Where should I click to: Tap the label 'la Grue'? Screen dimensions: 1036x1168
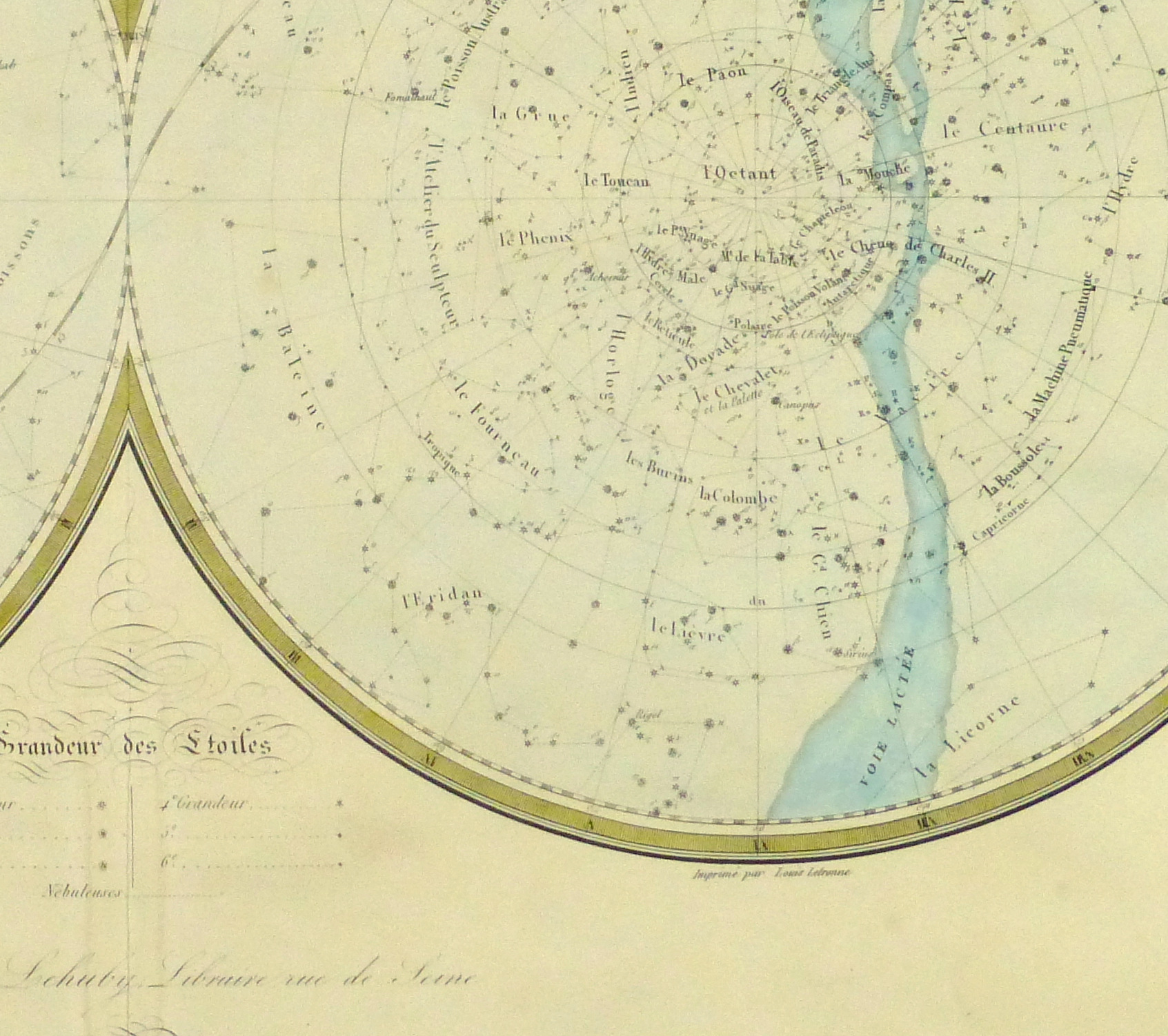531,114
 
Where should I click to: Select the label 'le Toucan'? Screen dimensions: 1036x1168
617,181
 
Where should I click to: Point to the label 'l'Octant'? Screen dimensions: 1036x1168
740,173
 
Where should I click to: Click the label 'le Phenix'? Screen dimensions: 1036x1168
536,239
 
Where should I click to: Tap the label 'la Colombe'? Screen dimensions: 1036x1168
738,496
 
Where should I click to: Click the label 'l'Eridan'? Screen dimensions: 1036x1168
442,597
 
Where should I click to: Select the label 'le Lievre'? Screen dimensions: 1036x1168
689,630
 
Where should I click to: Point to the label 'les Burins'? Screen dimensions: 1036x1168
659,468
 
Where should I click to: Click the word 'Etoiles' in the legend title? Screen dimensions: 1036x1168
224,745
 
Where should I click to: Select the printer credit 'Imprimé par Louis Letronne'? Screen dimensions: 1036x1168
771,873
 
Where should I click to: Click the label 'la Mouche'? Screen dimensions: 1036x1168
875,173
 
